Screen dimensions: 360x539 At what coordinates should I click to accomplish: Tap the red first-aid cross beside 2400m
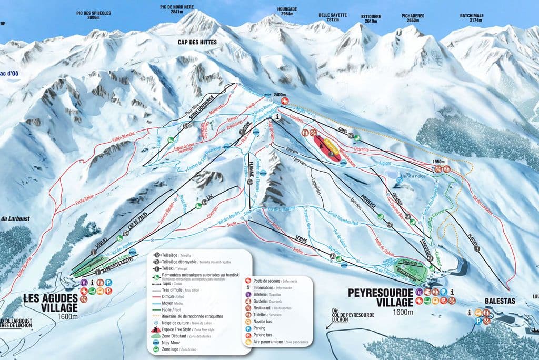coord(285,101)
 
